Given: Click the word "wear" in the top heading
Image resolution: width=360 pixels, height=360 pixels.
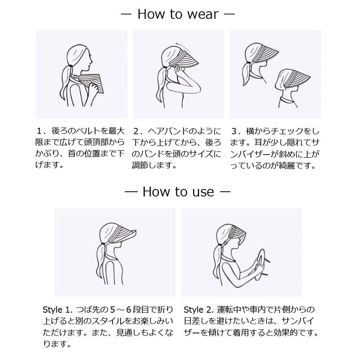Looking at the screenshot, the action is point(203,14).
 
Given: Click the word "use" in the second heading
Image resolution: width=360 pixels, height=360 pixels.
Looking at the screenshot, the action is point(203,192).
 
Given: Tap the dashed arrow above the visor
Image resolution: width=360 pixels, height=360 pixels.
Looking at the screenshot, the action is point(183,47).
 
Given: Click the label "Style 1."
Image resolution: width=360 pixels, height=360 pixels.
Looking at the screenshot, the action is point(58,310).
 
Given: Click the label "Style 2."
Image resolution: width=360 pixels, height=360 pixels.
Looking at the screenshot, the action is point(198,310).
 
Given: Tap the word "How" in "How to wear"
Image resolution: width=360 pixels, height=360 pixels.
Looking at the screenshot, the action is point(152,14).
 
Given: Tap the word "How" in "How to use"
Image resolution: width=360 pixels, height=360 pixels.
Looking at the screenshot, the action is point(157,192).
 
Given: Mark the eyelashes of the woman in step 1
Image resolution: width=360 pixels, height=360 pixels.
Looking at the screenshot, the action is point(90,56).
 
